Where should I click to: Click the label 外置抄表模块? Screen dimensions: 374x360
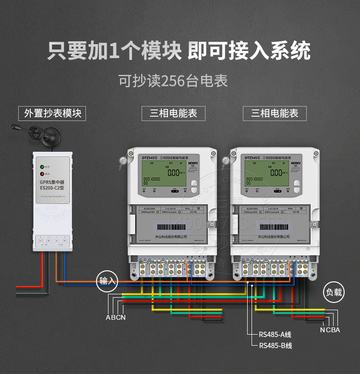point(52,113)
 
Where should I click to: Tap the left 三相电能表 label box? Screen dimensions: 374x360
point(173,113)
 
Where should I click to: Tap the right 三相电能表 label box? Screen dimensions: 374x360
point(275,113)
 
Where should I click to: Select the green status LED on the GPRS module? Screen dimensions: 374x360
point(43,167)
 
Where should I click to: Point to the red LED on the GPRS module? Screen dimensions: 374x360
point(43,174)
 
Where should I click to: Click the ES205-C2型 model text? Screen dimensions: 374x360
point(51,189)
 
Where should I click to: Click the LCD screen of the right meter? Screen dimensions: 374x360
point(264,177)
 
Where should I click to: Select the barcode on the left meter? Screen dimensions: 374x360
point(170,227)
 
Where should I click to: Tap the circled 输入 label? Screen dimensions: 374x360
point(108,281)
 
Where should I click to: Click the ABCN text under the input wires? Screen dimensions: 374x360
point(116,317)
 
